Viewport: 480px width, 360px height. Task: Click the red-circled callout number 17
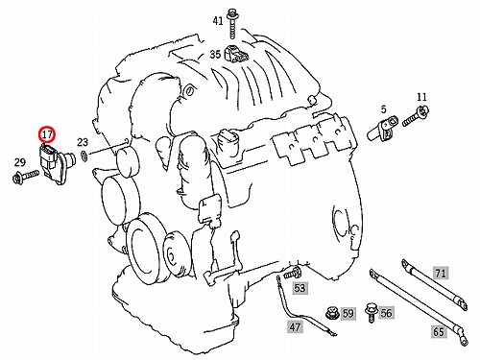(47, 134)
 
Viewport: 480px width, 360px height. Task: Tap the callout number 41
(218, 21)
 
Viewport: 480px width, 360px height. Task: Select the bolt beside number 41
(231, 24)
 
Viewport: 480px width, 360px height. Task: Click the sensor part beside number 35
(236, 54)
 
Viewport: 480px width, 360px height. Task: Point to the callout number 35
(215, 54)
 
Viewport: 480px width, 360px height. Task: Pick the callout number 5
(383, 109)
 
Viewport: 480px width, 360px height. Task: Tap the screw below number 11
(416, 116)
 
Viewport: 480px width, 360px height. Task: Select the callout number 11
(421, 97)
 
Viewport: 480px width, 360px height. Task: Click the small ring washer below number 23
(84, 156)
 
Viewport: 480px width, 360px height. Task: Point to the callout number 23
(83, 142)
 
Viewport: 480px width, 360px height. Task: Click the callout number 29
(20, 162)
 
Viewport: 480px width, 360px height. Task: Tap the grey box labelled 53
(300, 288)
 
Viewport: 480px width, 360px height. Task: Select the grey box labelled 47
(295, 326)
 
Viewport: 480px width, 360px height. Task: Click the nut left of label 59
(332, 313)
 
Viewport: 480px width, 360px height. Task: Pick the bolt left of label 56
(372, 312)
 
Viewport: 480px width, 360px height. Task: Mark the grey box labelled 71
(441, 273)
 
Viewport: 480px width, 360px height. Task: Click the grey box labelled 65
(439, 331)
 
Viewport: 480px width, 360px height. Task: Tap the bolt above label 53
(292, 273)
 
